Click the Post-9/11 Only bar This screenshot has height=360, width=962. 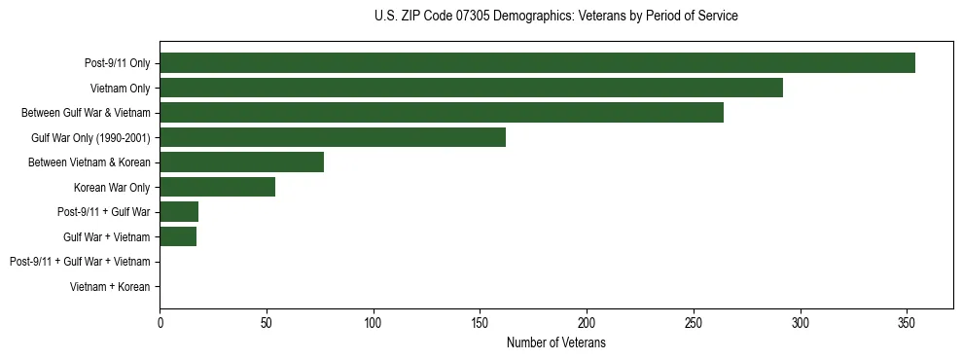tap(537, 63)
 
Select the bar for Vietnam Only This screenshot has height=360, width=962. tap(471, 88)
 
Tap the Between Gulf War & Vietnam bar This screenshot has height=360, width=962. tap(442, 113)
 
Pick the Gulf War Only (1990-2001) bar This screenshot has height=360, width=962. tap(333, 137)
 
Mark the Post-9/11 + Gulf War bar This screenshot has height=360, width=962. tap(179, 212)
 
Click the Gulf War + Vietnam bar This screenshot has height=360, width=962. tap(178, 236)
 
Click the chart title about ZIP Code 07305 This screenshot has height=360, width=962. tap(555, 17)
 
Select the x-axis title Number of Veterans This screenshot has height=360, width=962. tap(555, 342)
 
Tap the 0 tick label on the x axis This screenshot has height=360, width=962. tap(160, 322)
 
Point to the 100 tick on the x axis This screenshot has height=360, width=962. tap(374, 322)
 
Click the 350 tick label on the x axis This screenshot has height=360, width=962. tap(907, 322)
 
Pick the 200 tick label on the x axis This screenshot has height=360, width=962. tap(587, 322)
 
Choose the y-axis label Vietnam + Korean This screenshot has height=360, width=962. tap(110, 287)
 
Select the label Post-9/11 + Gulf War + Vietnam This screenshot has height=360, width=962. tap(80, 262)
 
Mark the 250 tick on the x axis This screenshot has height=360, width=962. tap(694, 322)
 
